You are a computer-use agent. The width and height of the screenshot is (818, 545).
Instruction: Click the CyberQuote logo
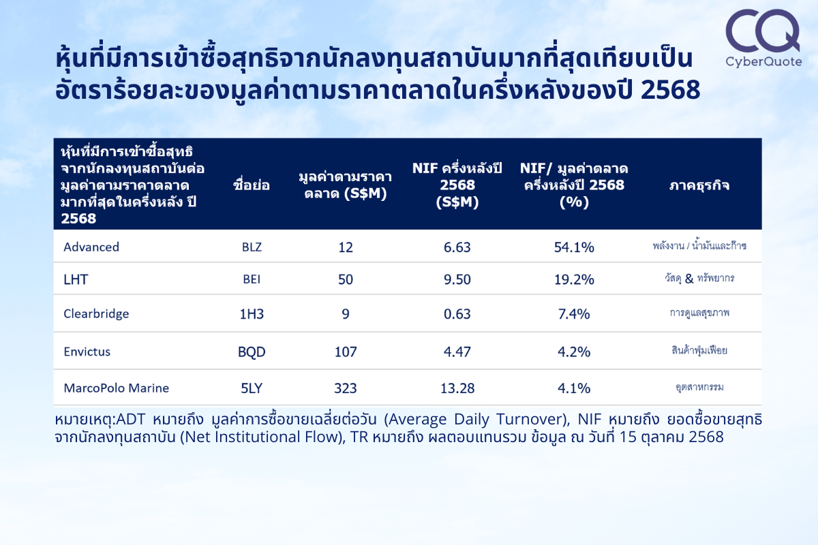(763, 38)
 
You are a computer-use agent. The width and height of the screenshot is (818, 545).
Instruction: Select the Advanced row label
(91, 247)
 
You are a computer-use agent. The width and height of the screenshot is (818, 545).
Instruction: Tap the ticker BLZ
(252, 247)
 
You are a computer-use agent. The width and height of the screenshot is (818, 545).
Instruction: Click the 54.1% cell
(574, 247)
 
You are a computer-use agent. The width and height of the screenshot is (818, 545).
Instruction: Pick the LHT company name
(76, 279)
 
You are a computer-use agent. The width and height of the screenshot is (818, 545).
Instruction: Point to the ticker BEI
(252, 279)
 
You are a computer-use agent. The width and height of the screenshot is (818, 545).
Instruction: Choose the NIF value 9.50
(457, 279)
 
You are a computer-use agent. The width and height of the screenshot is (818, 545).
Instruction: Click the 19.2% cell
(574, 279)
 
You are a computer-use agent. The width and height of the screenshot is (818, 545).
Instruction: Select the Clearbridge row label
(96, 314)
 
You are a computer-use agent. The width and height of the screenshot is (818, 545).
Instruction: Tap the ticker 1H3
(252, 314)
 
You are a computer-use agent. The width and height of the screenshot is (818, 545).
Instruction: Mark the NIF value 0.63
(457, 314)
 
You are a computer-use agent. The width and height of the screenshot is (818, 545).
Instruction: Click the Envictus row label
(87, 352)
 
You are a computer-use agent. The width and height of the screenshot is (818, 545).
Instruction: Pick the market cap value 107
(346, 352)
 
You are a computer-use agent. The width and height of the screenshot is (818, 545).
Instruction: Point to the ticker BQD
(252, 352)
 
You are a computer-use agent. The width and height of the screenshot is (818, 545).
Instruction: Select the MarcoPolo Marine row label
(116, 388)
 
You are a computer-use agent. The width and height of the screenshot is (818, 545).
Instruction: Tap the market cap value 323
(346, 388)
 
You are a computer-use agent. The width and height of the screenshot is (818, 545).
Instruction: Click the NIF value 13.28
(457, 388)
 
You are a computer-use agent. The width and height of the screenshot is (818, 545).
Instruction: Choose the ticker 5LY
(252, 388)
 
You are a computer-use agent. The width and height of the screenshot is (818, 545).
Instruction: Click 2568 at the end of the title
(671, 90)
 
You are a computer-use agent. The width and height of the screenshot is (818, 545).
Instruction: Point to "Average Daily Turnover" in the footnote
(477, 420)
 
